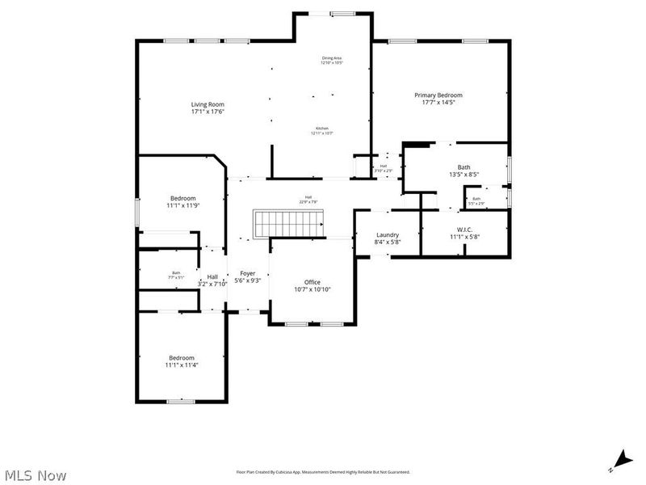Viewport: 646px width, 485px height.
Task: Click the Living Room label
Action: [x=208, y=104]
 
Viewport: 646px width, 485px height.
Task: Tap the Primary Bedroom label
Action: [x=438, y=95]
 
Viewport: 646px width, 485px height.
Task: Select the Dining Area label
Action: [x=332, y=58]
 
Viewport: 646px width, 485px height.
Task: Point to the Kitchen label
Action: [x=322, y=129]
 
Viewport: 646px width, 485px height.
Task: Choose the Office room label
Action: [x=312, y=281]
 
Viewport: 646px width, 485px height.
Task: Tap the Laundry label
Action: [x=388, y=234]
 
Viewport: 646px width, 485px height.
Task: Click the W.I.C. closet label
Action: [x=464, y=230]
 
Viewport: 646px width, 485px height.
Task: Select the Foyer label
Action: [x=247, y=273]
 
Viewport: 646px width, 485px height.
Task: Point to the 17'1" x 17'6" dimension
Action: [x=208, y=112]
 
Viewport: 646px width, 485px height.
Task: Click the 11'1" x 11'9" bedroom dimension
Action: [x=182, y=205]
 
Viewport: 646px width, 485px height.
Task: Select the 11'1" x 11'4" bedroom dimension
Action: [x=182, y=365]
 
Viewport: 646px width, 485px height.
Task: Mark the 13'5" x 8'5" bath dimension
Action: [x=464, y=174]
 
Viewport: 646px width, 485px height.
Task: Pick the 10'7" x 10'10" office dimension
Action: [x=312, y=289]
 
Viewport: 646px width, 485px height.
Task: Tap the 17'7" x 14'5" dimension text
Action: [x=438, y=102]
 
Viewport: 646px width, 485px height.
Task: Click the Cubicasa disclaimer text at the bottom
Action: [x=323, y=471]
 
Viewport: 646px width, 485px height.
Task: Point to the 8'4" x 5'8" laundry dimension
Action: [x=388, y=242]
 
